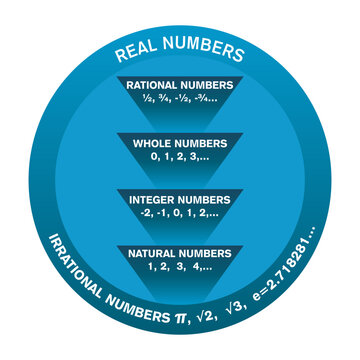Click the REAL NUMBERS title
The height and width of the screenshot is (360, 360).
(180, 52)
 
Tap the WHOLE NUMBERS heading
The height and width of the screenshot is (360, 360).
(180, 143)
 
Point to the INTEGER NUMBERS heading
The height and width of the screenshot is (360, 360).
(180, 201)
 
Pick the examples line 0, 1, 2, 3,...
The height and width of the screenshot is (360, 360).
(180, 157)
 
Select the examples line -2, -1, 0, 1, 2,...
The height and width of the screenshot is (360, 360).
(180, 215)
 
